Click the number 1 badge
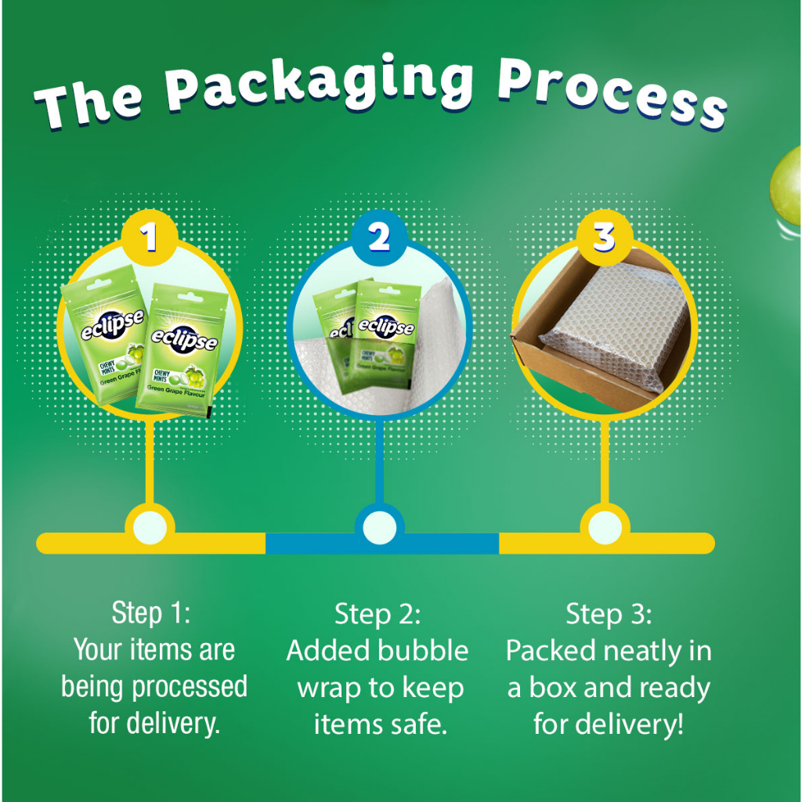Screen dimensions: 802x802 coord(150,237)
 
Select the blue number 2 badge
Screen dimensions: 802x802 coord(379,237)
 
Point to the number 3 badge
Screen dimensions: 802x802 coord(605,237)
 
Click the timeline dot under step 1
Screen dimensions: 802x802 coord(150,527)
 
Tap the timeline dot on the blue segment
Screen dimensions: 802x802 coord(380,527)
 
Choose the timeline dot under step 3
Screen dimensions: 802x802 coord(605,527)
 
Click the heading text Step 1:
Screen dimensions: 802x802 coord(151,612)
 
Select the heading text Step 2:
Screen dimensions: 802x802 coord(378,614)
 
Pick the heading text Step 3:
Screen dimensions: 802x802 coord(609,614)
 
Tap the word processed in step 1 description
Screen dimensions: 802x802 coord(190,688)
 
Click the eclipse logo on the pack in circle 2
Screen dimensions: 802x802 coord(386,326)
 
